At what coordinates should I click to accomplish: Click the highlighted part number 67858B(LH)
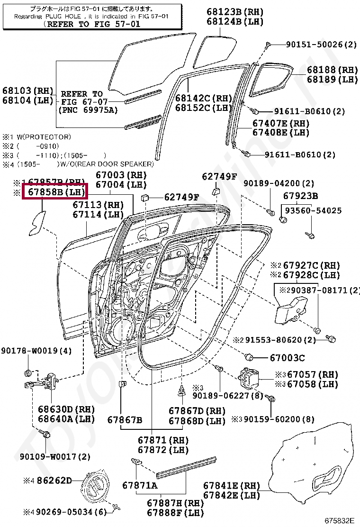(x=55, y=192)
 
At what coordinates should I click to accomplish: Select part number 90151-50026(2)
(x=321, y=45)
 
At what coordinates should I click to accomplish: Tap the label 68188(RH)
(x=332, y=70)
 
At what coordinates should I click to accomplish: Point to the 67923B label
(x=300, y=196)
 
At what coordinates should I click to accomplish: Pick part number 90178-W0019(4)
(x=36, y=351)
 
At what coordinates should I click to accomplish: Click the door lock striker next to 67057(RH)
(x=252, y=378)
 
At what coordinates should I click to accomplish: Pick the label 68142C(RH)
(x=203, y=98)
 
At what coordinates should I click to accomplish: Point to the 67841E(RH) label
(x=232, y=485)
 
